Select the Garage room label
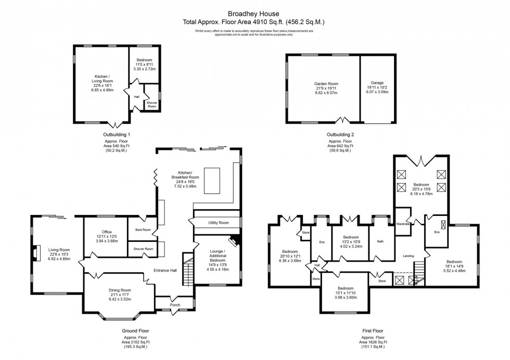(377, 83)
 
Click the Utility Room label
(219, 223)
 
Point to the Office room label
(107, 232)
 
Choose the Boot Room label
(143, 229)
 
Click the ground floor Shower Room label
(144, 249)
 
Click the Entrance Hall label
(165, 270)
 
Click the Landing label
(409, 255)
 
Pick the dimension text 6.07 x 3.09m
(377, 92)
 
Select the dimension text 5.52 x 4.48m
(454, 271)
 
